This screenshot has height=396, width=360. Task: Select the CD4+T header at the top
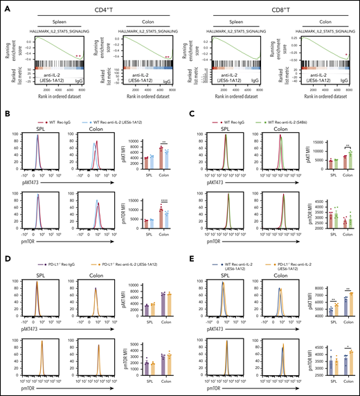point(92,7)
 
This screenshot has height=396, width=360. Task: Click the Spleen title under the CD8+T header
point(228,19)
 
